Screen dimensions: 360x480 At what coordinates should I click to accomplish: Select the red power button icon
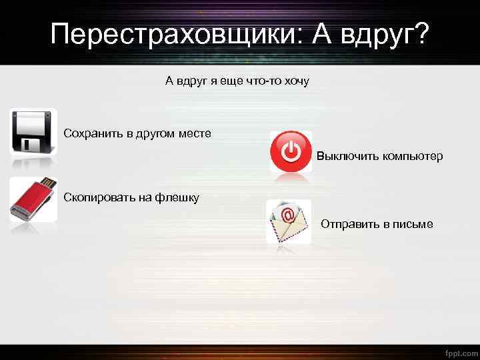pyautogui.click(x=291, y=151)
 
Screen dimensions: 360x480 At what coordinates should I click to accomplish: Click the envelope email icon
pyautogui.click(x=289, y=221)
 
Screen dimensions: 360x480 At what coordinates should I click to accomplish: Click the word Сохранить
pyautogui.click(x=93, y=133)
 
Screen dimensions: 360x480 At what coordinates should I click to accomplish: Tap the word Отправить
pyautogui.click(x=349, y=224)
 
